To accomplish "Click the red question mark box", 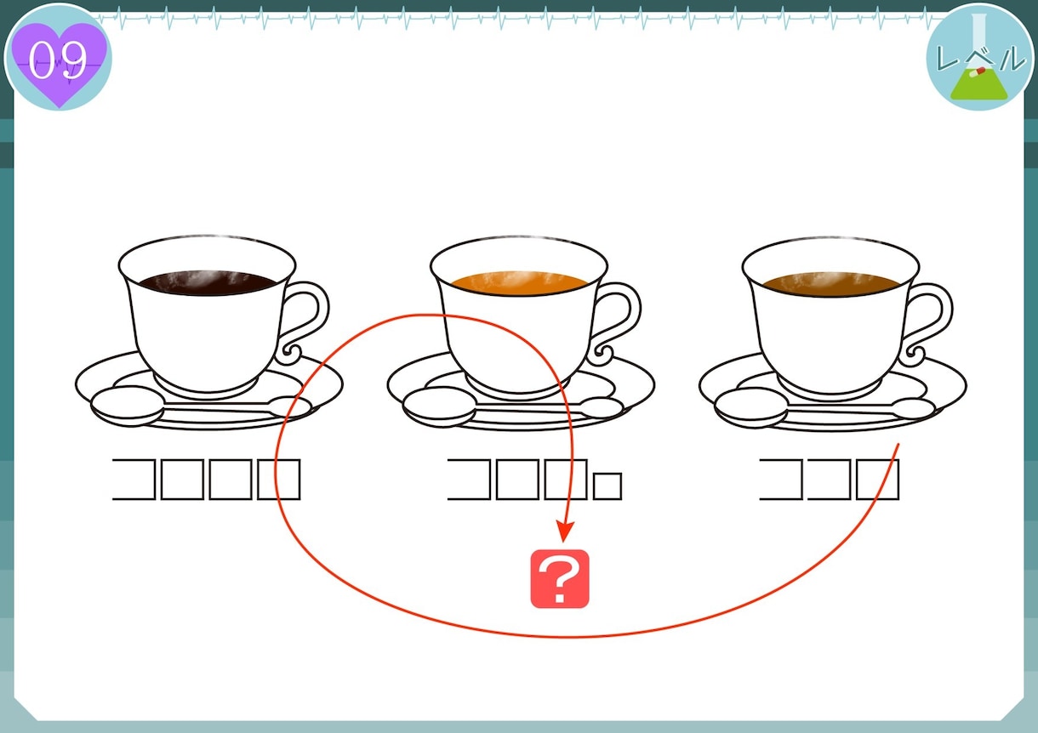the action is tap(560, 579).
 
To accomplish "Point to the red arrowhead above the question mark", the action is tap(565, 531).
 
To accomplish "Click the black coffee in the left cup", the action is tap(208, 282).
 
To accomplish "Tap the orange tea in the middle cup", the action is tap(520, 283).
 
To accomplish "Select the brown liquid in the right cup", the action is tap(831, 284).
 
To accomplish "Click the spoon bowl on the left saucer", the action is tap(128, 406).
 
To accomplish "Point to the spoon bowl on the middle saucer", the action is tap(439, 406).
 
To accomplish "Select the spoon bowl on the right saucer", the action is tap(751, 407).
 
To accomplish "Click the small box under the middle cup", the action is tap(607, 486).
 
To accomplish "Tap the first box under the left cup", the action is tap(134, 480).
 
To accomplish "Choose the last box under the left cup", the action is tap(279, 480).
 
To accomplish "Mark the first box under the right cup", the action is tap(781, 480).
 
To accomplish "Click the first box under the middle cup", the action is tap(469, 480).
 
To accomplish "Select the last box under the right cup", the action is tap(878, 480).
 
